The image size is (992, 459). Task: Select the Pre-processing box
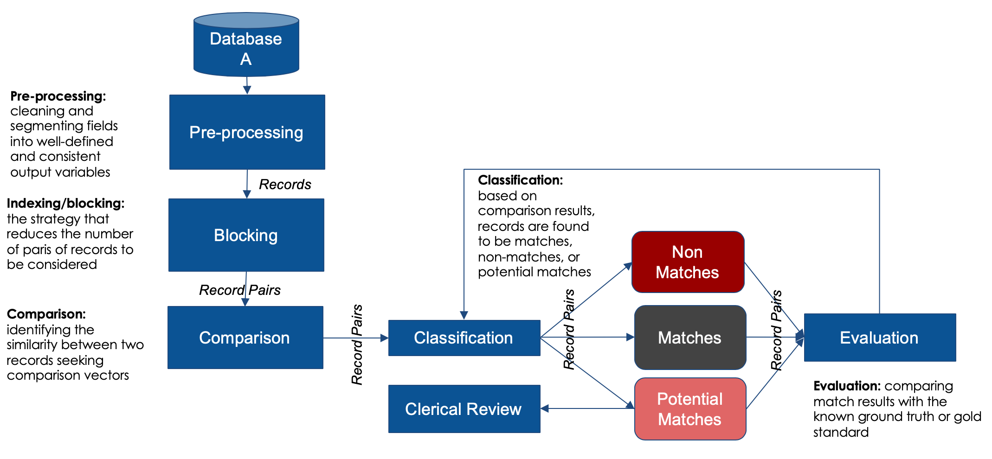pyautogui.click(x=247, y=132)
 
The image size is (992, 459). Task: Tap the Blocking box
pyautogui.click(x=246, y=235)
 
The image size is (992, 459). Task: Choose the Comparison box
pyautogui.click(x=245, y=338)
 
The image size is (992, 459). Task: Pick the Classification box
pyautogui.click(x=464, y=338)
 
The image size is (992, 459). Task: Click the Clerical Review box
pyautogui.click(x=464, y=409)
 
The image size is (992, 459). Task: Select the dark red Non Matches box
pyautogui.click(x=688, y=262)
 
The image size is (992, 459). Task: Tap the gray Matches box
pyautogui.click(x=690, y=338)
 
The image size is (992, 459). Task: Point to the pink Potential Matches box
pyautogui.click(x=690, y=409)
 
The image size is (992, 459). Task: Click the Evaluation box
pyautogui.click(x=880, y=338)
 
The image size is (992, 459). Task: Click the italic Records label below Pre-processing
pyautogui.click(x=285, y=185)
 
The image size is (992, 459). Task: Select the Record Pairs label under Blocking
pyautogui.click(x=240, y=290)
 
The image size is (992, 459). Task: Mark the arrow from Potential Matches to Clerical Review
pyautogui.click(x=587, y=408)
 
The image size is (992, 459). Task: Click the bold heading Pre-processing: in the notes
pyautogui.click(x=58, y=96)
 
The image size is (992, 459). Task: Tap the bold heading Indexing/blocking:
pyautogui.click(x=65, y=203)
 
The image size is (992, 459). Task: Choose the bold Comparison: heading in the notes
pyautogui.click(x=46, y=314)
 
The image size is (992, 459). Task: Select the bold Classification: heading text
pyautogui.click(x=520, y=180)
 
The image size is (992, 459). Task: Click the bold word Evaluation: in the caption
pyautogui.click(x=847, y=386)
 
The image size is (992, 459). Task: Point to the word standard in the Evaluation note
pyautogui.click(x=841, y=432)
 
